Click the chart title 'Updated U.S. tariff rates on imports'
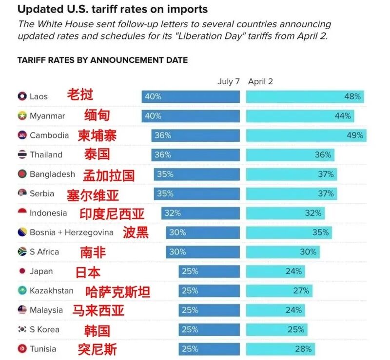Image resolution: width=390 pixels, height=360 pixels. pos(113,9)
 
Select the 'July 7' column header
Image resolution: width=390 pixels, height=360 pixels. pos(228,81)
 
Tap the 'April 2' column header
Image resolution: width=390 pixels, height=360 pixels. pos(260,81)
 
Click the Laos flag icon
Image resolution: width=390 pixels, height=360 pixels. pos(22,96)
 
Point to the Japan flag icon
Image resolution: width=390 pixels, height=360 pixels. pos(22,271)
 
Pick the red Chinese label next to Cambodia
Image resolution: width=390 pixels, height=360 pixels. pos(97,135)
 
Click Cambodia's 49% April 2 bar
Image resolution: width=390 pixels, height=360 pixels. pos(306,135)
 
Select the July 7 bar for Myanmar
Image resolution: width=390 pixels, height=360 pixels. pos(191,116)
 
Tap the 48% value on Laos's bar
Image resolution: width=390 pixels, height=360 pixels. pos(352,96)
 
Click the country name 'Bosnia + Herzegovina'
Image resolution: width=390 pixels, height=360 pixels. pos(71,232)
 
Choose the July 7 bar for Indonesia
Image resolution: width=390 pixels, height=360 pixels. pos(200,213)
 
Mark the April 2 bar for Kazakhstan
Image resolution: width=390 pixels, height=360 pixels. pos(279,291)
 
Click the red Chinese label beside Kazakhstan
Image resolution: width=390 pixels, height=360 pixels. pos(117,291)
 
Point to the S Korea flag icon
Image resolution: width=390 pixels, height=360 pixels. pos(22,330)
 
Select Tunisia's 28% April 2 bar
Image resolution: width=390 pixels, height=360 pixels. pos(280,349)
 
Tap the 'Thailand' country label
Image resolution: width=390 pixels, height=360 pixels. pos(46,155)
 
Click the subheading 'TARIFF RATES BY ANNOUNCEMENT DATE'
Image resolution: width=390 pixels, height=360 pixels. pos(102,60)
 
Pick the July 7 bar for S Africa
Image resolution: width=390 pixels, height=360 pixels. pos(203,252)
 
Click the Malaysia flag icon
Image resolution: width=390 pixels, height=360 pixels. pos(22,310)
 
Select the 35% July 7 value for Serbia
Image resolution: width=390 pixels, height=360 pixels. pos(165,193)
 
